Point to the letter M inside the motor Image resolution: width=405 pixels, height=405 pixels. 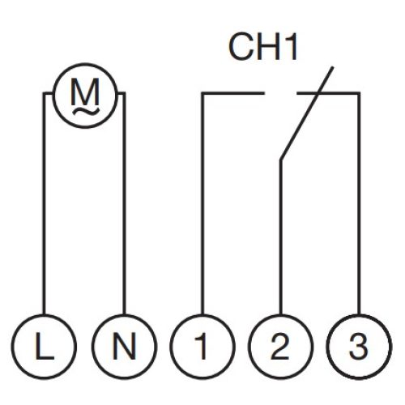click(x=85, y=92)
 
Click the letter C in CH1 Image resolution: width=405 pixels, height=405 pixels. click(x=241, y=46)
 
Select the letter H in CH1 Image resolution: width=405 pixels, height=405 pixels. click(x=268, y=46)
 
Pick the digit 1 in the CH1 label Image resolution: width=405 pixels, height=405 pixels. click(x=291, y=46)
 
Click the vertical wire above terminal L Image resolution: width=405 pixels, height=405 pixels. click(x=45, y=204)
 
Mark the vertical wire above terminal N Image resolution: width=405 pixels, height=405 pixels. click(x=124, y=204)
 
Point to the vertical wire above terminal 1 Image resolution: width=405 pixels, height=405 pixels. click(x=202, y=204)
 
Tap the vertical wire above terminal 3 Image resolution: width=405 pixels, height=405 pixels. click(x=359, y=204)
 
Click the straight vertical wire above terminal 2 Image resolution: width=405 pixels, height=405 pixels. click(x=281, y=237)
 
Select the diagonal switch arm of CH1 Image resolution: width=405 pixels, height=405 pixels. click(x=307, y=113)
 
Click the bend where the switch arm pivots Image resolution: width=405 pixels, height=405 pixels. click(x=281, y=160)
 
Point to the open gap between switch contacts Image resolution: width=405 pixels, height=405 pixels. click(x=280, y=93)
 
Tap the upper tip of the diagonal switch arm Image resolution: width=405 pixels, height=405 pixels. click(x=332, y=67)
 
